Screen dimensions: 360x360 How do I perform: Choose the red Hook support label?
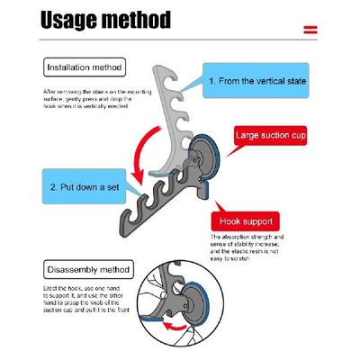tap(247, 220)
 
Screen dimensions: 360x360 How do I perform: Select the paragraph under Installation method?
tap(90, 99)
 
